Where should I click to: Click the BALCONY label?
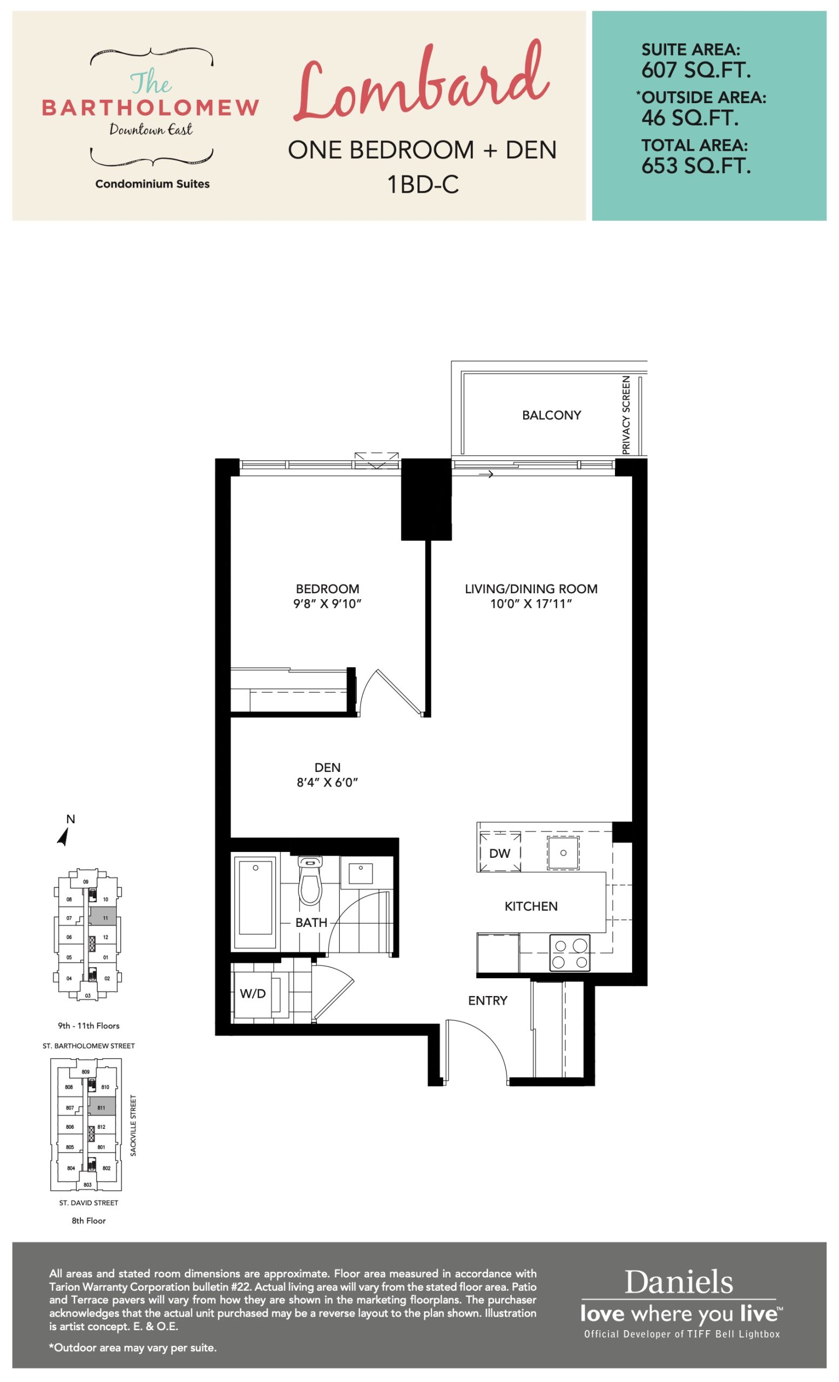[x=551, y=415]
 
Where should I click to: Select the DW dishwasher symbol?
[x=499, y=853]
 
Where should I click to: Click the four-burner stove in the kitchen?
[x=570, y=953]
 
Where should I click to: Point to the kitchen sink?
[x=563, y=852]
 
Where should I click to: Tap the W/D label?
[x=252, y=994]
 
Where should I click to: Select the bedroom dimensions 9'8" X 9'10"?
[x=328, y=604]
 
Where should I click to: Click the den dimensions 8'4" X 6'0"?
[x=328, y=782]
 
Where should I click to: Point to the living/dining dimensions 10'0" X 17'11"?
[x=531, y=604]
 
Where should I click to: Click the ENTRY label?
[x=488, y=1001]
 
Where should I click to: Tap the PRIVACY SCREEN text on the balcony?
[x=626, y=415]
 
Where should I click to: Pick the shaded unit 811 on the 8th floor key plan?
[x=102, y=1107]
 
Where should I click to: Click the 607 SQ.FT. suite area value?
[x=696, y=70]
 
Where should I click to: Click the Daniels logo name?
[x=679, y=1282]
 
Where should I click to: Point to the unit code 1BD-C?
[x=423, y=184]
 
